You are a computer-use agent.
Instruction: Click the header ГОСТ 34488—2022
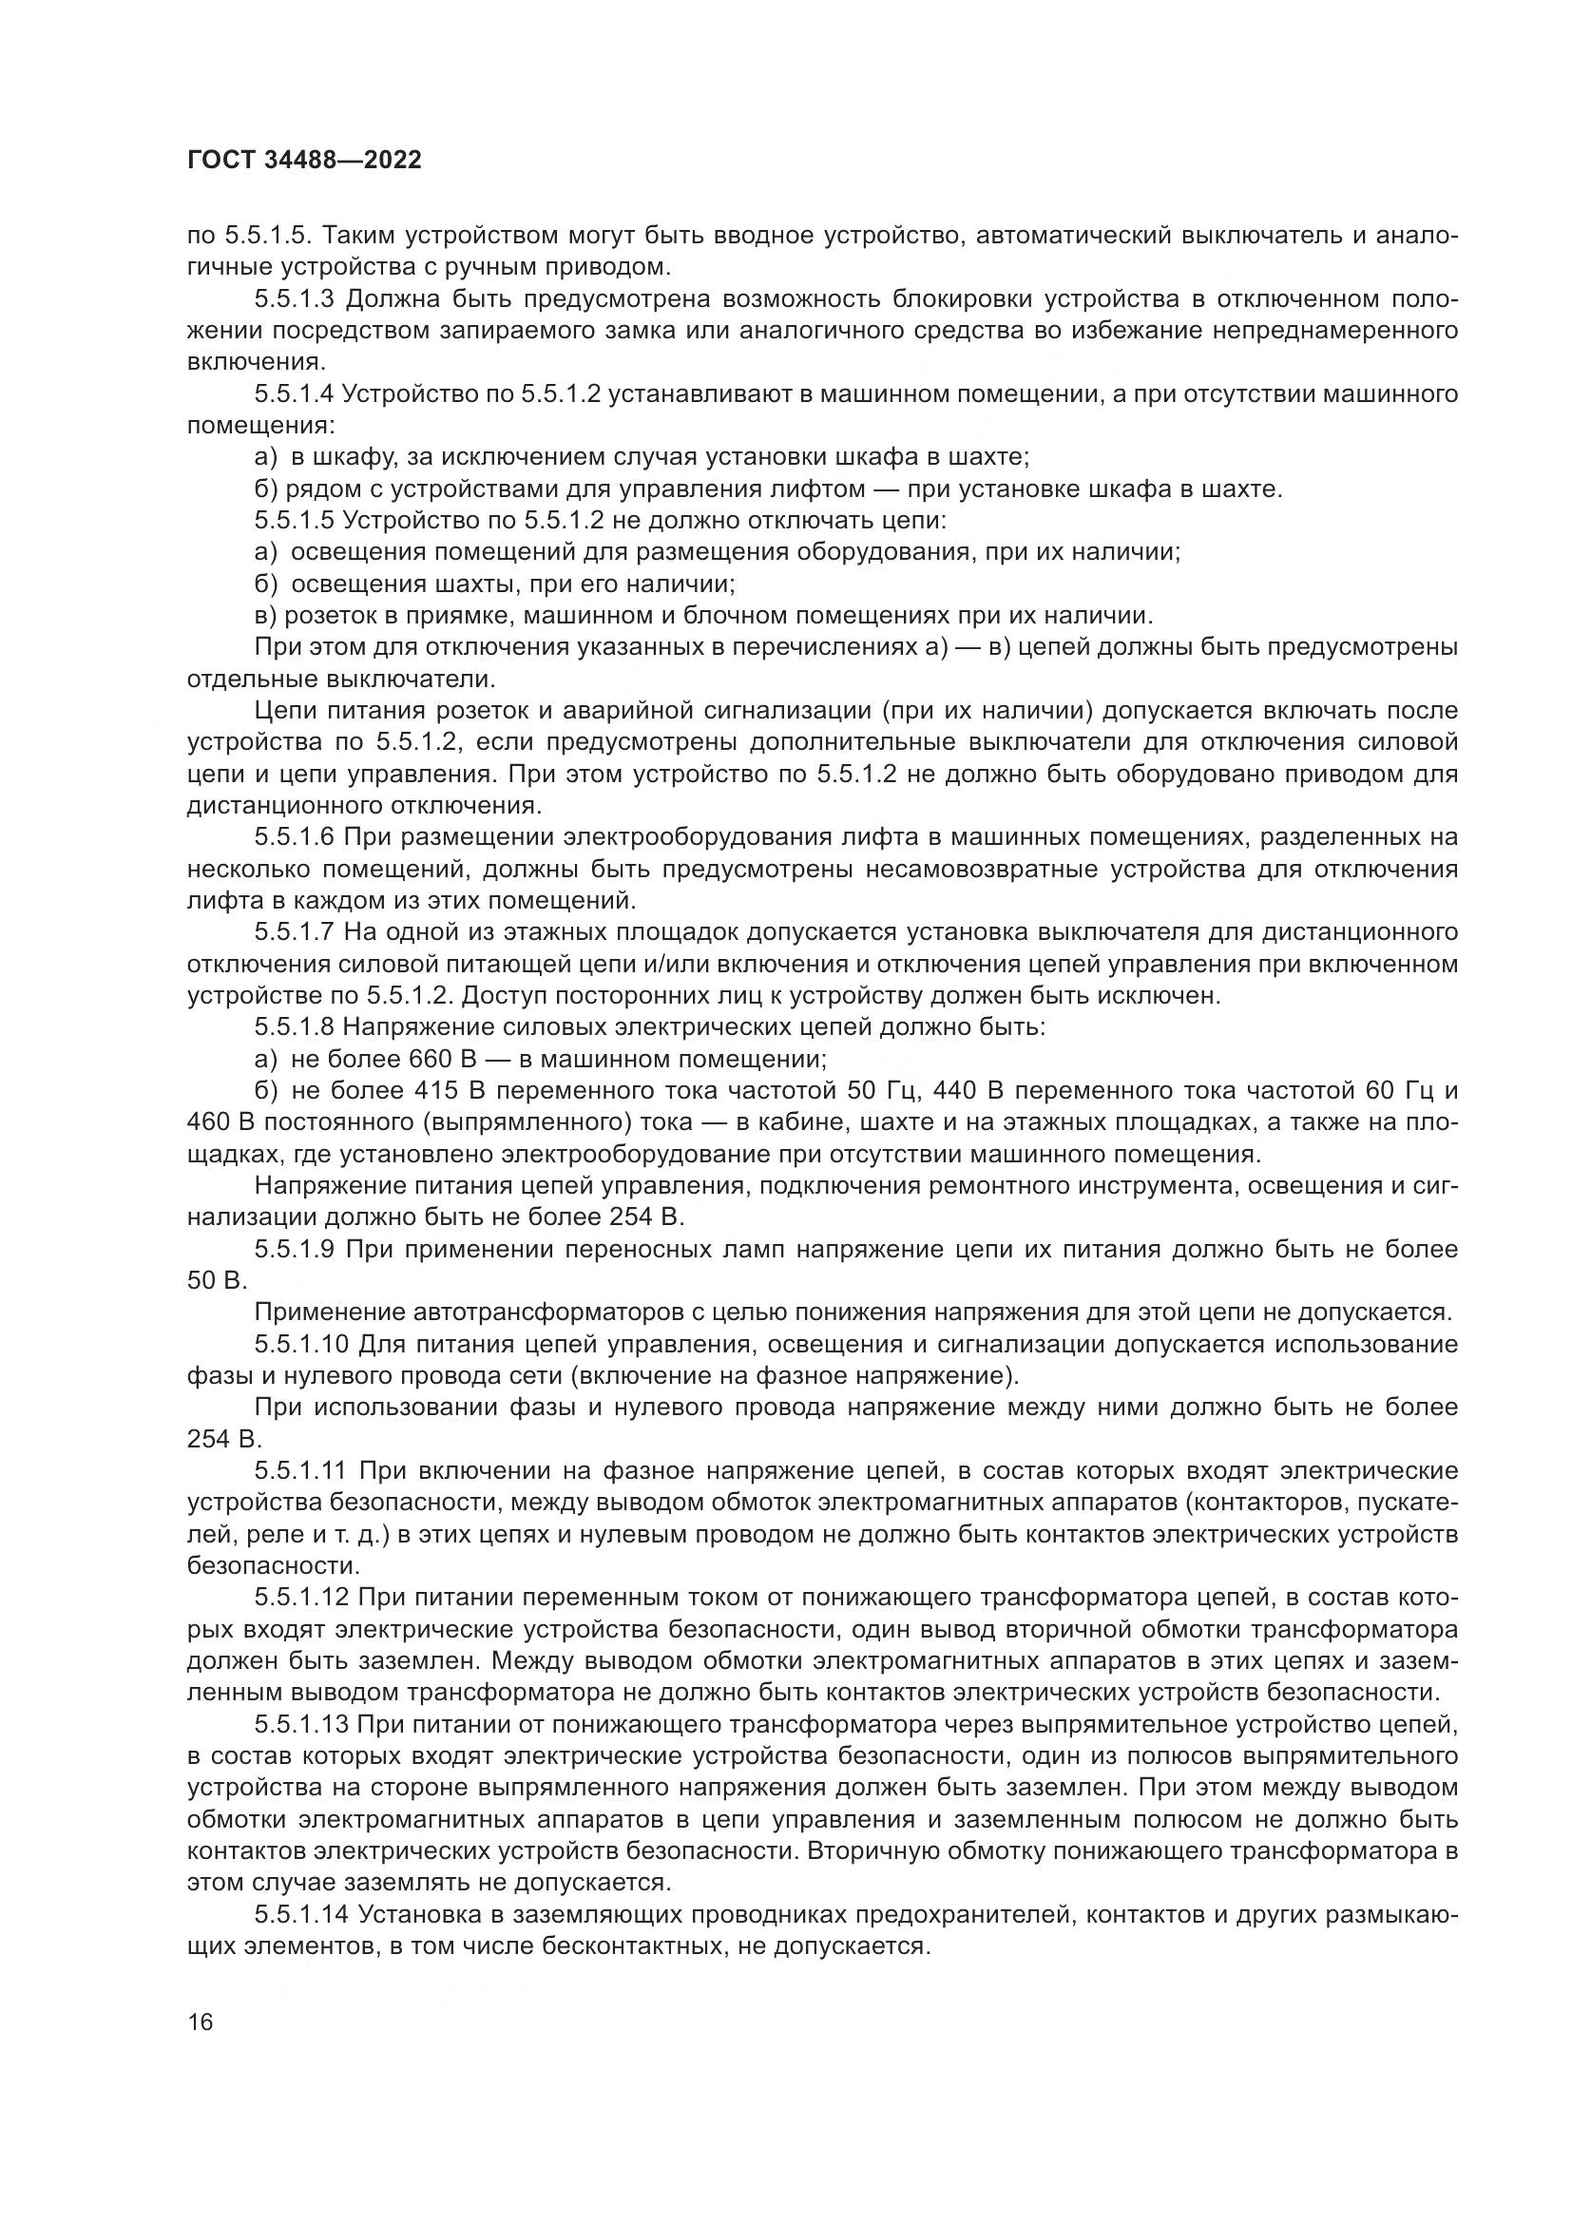pyautogui.click(x=304, y=161)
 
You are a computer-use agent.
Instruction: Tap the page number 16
pyautogui.click(x=201, y=2022)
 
